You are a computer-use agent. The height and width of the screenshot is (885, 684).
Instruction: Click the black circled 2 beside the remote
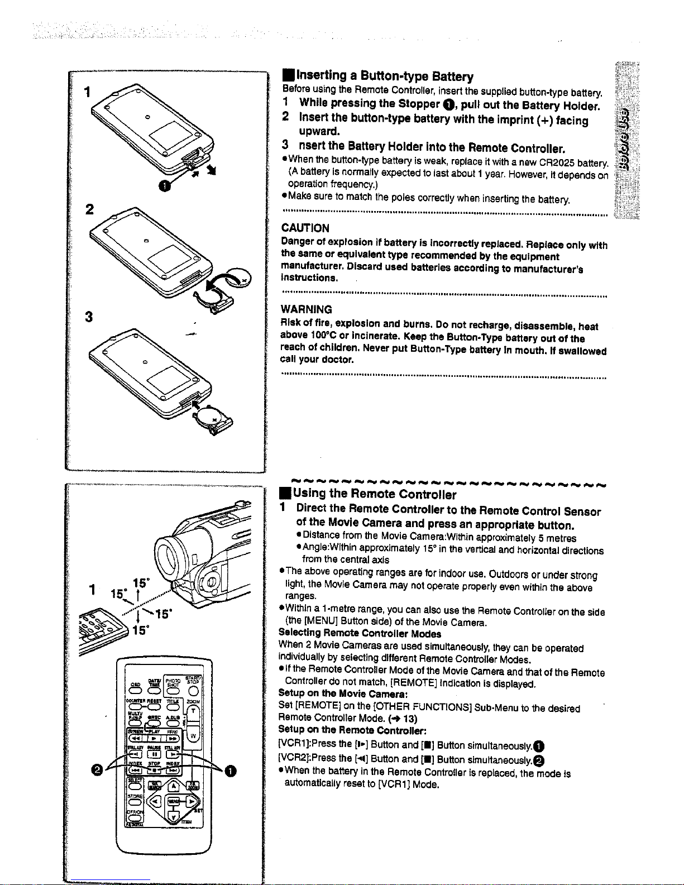click(x=98, y=771)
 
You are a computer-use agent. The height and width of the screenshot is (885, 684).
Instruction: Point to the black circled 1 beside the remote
click(x=231, y=771)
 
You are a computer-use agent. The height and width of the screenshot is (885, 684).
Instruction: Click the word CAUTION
click(x=305, y=228)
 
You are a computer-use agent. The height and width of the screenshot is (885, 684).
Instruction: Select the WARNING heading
click(x=306, y=309)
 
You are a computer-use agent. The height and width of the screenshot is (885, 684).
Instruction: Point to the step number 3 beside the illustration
click(x=88, y=317)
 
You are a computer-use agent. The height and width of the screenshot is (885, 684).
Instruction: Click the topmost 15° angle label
click(x=139, y=582)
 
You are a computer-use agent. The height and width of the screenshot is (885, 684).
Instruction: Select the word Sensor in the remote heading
click(x=582, y=511)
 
